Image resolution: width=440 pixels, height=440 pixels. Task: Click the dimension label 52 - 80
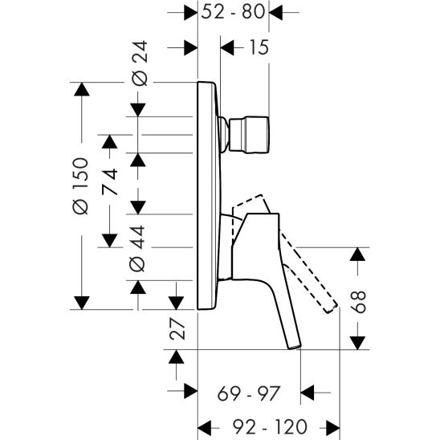point(234,13)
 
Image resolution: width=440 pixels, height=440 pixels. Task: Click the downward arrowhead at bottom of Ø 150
point(80,303)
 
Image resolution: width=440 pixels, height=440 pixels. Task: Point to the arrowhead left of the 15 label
point(227,48)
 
